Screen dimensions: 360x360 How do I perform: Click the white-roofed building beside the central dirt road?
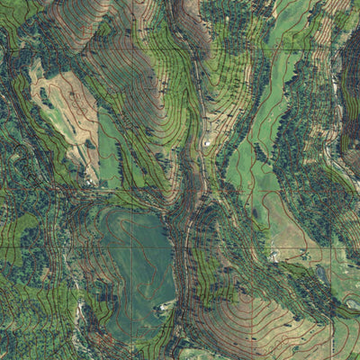206,142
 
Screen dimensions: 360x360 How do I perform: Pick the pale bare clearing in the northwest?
63,108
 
